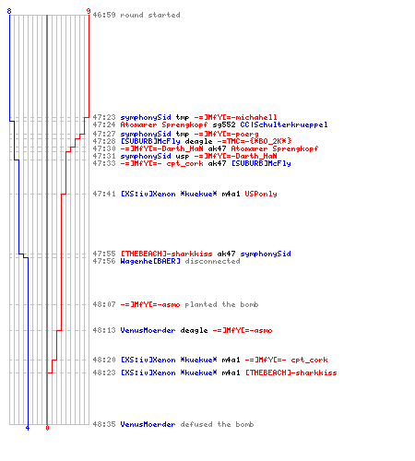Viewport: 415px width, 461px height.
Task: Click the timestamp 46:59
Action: coord(104,15)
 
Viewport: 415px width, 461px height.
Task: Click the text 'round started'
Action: coord(150,15)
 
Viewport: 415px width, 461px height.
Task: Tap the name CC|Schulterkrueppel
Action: coord(284,124)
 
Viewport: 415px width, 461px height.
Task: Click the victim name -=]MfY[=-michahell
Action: coord(235,117)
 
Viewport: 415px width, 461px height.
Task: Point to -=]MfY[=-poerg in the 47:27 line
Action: coord(226,134)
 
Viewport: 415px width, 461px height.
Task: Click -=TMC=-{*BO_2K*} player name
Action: coord(255,141)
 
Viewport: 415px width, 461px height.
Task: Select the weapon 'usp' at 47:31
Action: coord(183,156)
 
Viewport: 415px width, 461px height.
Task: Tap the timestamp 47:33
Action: coord(104,163)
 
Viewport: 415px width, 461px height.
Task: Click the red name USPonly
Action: coord(261,194)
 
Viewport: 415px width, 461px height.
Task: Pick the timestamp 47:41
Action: coord(104,194)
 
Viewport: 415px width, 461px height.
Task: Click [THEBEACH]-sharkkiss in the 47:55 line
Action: coord(166,254)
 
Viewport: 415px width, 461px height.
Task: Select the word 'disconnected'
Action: coord(212,261)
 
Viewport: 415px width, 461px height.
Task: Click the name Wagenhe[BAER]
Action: coord(150,261)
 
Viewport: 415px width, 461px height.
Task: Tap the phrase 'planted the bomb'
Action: coord(221,304)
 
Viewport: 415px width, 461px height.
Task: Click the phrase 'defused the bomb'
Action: coord(217,424)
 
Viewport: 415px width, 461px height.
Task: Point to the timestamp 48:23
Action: coord(104,372)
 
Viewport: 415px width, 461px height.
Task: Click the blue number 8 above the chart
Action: coord(9,11)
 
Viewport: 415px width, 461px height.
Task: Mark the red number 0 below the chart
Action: coord(47,428)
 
